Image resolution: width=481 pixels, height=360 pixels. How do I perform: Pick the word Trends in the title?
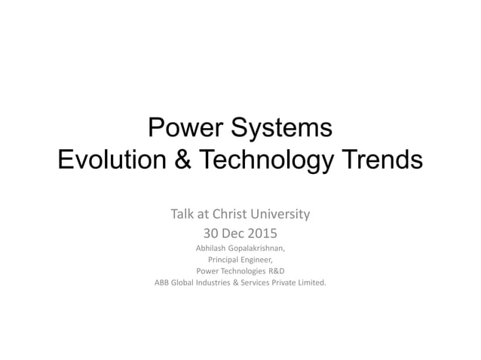[x=381, y=160]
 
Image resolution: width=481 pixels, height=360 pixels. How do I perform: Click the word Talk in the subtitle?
[x=186, y=214]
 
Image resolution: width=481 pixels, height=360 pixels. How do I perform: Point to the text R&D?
[x=276, y=270]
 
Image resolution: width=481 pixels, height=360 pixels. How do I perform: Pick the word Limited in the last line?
[x=311, y=282]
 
